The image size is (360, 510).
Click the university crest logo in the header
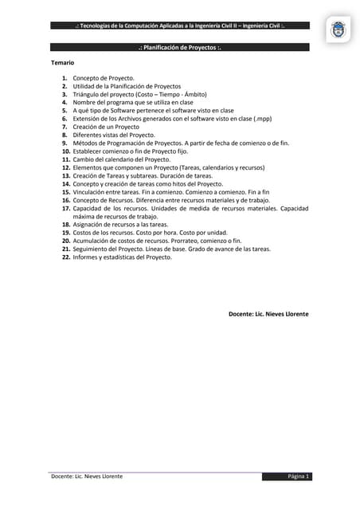(x=338, y=31)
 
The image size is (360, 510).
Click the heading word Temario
(x=63, y=62)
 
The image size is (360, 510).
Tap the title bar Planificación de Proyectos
(x=179, y=48)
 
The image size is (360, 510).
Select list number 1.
(x=65, y=78)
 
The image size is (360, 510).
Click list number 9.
(x=65, y=143)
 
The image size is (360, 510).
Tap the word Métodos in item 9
(x=86, y=143)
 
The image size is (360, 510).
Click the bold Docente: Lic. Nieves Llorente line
(x=268, y=314)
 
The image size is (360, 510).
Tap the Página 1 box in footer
(x=299, y=477)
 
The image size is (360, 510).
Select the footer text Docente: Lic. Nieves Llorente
(x=87, y=477)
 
